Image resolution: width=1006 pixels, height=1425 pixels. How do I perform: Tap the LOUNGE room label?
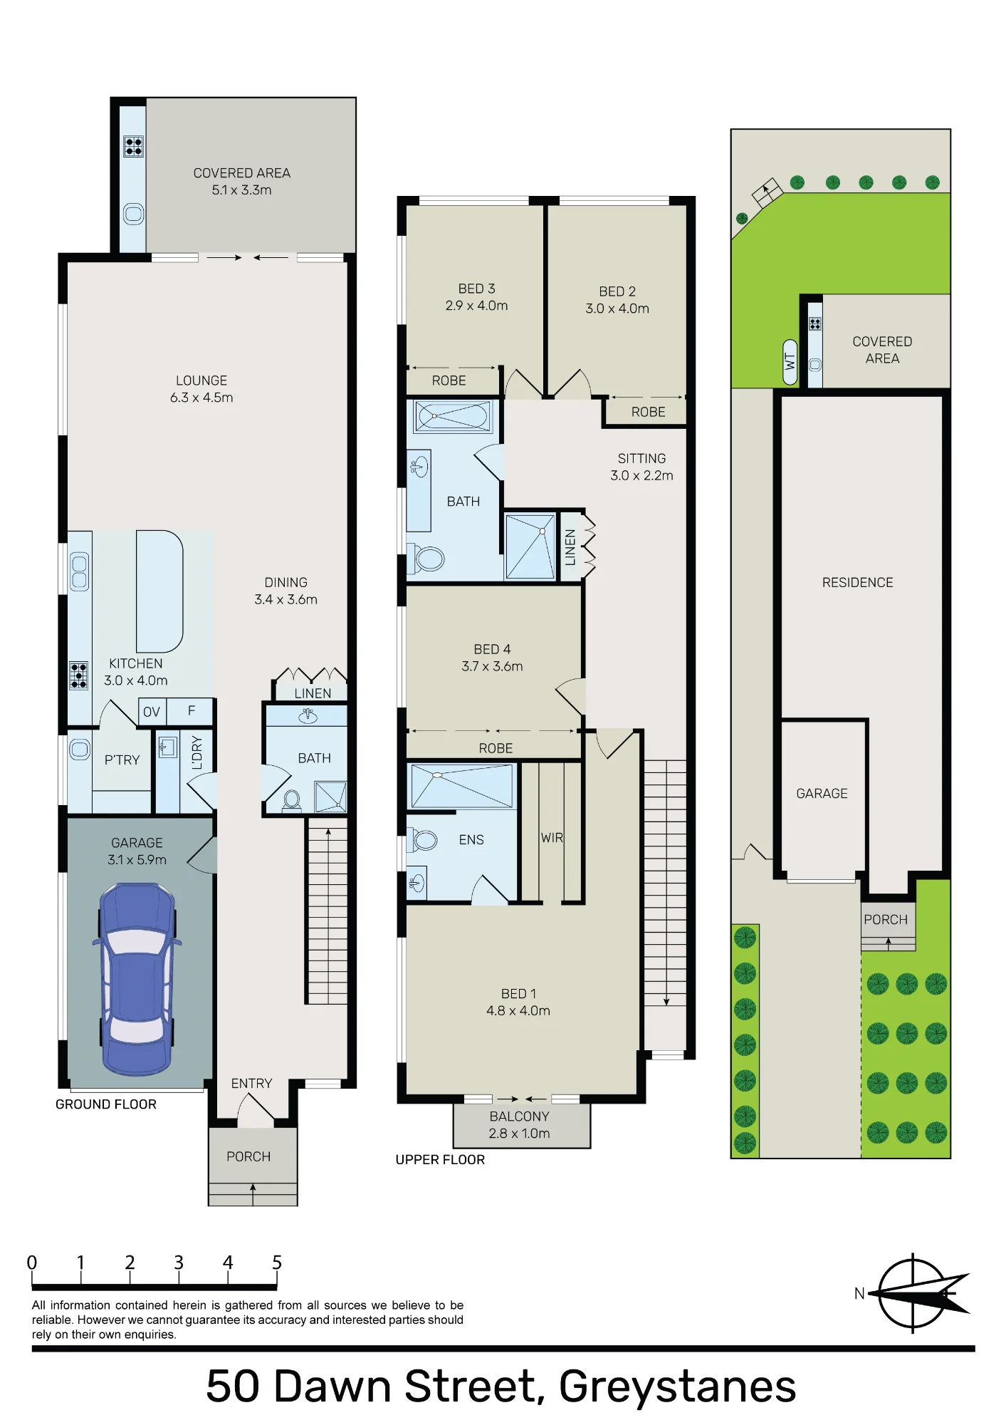201,380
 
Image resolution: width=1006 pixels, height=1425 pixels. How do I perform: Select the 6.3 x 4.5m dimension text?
201,398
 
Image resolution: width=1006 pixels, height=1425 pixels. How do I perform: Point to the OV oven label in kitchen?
152,712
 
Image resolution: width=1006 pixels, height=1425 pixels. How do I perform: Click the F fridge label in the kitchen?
192,710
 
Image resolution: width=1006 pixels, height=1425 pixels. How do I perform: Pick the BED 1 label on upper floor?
518,993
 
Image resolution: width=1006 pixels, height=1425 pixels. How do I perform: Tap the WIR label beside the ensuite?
552,838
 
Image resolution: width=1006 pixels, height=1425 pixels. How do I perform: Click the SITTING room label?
641,458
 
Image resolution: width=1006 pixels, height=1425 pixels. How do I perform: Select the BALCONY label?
519,1116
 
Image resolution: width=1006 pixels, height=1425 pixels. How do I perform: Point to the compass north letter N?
859,1293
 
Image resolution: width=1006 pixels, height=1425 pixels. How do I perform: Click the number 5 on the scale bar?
277,1263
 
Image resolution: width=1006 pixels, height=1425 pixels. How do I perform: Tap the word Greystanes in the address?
677,1387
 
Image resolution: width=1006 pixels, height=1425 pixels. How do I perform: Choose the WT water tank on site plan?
790,361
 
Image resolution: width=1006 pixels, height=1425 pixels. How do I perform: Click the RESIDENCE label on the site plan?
857,583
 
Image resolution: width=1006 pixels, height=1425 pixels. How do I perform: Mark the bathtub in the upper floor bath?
454,416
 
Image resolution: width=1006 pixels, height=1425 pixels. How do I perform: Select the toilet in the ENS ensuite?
423,841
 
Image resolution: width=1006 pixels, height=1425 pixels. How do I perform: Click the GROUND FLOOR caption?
106,1104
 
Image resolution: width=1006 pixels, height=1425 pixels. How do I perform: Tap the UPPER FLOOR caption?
440,1160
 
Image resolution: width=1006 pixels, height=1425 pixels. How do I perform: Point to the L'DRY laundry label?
197,752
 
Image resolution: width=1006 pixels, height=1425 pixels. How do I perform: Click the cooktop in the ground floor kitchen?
78,675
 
